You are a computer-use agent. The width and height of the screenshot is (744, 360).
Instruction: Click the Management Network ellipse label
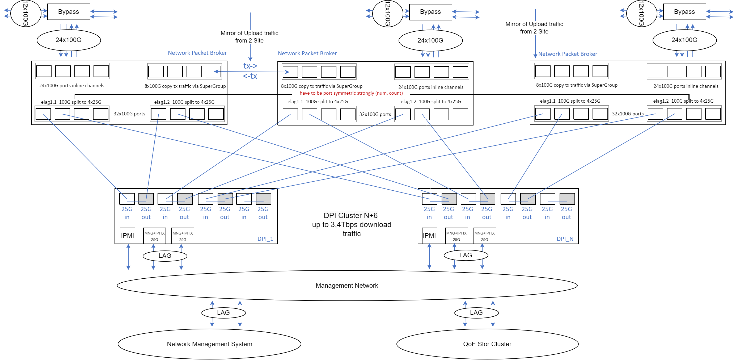(x=346, y=286)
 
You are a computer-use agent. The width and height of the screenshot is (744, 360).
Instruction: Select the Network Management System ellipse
(x=209, y=344)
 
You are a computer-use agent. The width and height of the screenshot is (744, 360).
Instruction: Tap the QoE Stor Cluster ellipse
(x=487, y=344)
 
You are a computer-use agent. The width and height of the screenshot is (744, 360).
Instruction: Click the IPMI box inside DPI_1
(x=127, y=236)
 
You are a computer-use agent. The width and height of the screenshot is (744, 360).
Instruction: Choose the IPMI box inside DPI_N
(x=429, y=236)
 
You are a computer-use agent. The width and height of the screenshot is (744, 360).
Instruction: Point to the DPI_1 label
(x=265, y=239)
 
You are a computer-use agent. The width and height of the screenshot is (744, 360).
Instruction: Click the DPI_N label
(x=565, y=239)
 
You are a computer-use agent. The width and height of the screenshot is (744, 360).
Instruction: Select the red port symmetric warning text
(x=351, y=93)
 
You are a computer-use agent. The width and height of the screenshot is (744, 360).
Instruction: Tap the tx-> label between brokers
(x=250, y=66)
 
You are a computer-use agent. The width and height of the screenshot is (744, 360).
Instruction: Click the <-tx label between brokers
(x=250, y=76)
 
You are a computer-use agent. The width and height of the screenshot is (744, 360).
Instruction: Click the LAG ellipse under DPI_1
(x=165, y=256)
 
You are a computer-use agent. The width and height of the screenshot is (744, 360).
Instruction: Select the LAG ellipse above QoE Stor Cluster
(x=476, y=313)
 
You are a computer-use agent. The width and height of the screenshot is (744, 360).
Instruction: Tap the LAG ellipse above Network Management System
(x=223, y=313)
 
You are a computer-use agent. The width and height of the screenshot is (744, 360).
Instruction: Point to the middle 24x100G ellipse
(x=430, y=40)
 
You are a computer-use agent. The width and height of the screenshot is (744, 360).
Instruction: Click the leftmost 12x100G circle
(x=26, y=13)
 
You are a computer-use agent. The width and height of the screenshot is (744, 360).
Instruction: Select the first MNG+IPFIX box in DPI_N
(x=456, y=236)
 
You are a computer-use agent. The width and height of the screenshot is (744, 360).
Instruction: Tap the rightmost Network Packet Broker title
(x=568, y=54)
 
